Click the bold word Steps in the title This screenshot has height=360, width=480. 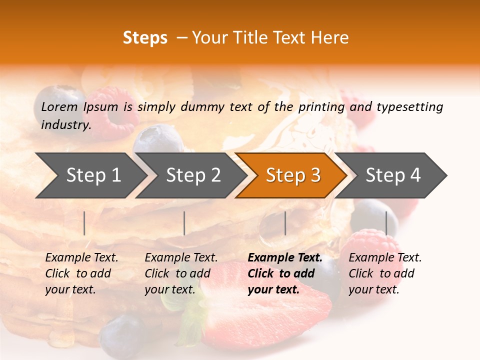(x=145, y=38)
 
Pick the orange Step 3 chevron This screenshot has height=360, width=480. (x=293, y=175)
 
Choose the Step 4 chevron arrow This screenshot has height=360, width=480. (x=393, y=175)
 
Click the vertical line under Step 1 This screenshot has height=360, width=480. (x=84, y=223)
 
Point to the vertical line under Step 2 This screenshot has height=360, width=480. (x=184, y=223)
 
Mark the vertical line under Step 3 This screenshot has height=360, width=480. (x=285, y=223)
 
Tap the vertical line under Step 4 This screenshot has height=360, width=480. (x=386, y=223)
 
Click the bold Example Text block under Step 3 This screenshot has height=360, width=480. (x=285, y=273)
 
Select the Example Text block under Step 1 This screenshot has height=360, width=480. (x=81, y=273)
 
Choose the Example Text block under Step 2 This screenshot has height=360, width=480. (x=181, y=273)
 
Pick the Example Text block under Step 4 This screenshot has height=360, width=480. (x=385, y=273)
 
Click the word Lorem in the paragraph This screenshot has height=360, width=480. (x=59, y=106)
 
